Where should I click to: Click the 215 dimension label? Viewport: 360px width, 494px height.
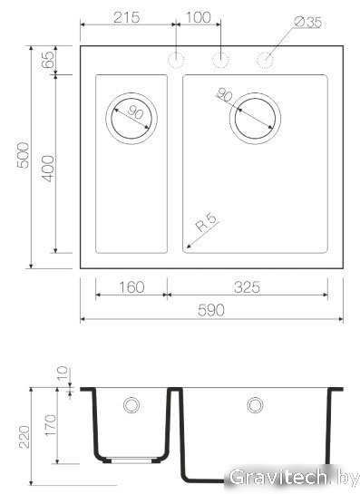pyautogui.click(x=126, y=17)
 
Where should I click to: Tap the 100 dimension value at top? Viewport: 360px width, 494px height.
pyautogui.click(x=198, y=17)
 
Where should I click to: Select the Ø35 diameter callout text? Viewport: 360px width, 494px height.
pyautogui.click(x=308, y=22)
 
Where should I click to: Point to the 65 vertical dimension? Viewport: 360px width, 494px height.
pyautogui.click(x=47, y=60)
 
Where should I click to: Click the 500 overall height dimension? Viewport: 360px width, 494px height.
pyautogui.click(x=23, y=155)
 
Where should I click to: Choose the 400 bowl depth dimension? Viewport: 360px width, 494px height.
pyautogui.click(x=48, y=169)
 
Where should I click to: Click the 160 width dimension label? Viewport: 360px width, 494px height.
pyautogui.click(x=131, y=287)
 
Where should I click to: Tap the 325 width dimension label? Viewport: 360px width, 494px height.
pyautogui.click(x=248, y=287)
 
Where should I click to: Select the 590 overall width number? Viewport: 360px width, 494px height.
pyautogui.click(x=211, y=311)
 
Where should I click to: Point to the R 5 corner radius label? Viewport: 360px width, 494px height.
pyautogui.click(x=207, y=222)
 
